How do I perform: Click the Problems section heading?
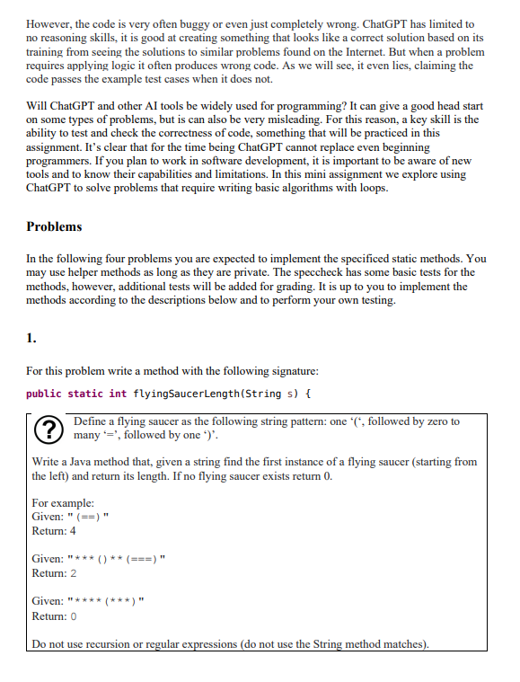(54, 226)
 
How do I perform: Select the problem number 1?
(31, 339)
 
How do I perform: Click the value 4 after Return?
(75, 530)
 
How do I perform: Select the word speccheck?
(337, 271)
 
